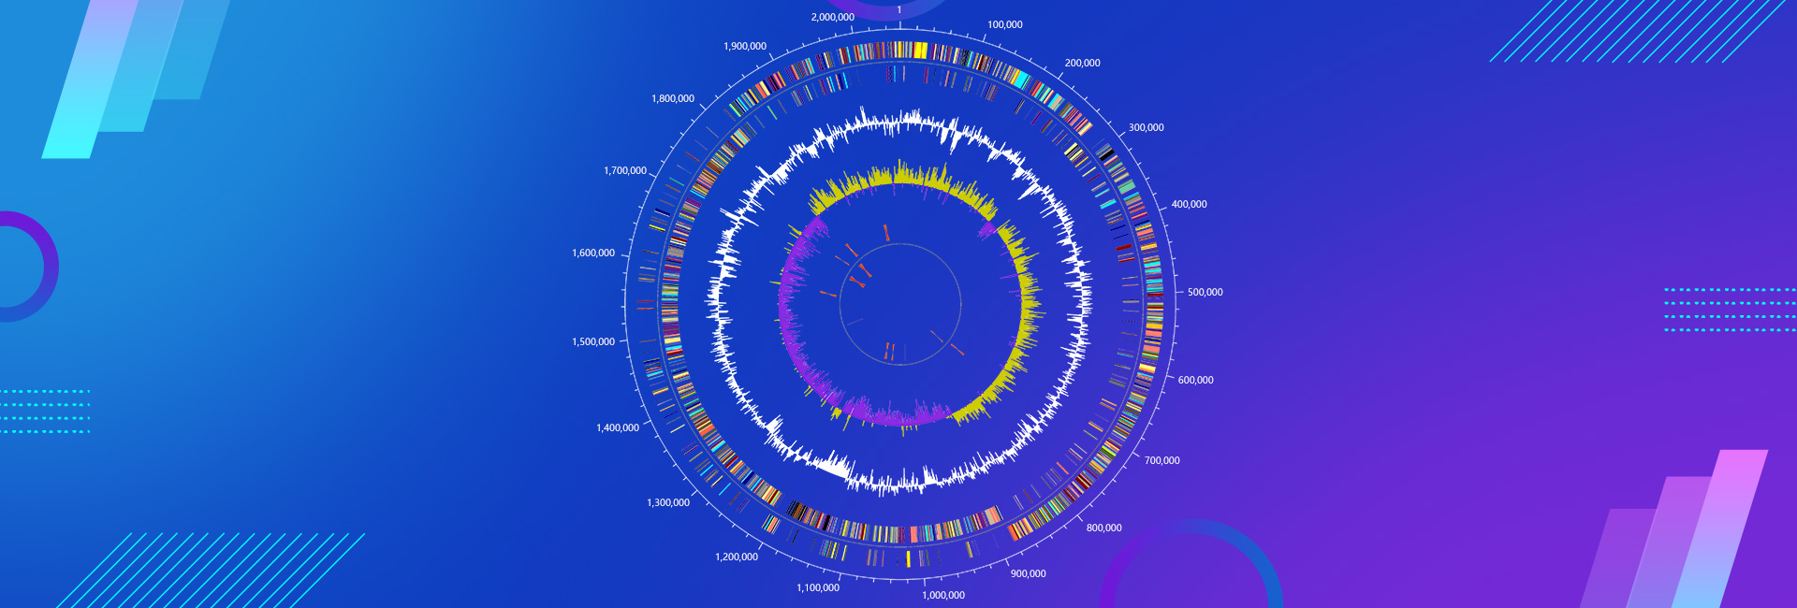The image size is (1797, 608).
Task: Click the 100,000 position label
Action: tap(1004, 25)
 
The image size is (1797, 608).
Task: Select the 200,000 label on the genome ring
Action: tap(1082, 64)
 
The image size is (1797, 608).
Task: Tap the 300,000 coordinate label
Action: tap(1146, 128)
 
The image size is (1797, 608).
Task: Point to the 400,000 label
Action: tap(1189, 205)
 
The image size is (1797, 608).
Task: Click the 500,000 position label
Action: tap(1205, 293)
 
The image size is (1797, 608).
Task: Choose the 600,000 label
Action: tap(1195, 381)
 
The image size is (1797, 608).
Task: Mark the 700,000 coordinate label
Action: tap(1161, 461)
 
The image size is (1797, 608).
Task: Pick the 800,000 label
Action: tap(1103, 528)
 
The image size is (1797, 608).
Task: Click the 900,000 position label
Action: tap(1028, 574)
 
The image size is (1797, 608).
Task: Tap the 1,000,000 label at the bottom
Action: tap(943, 596)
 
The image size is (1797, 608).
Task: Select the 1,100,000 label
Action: tap(818, 588)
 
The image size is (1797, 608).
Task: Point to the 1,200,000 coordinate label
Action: tap(737, 557)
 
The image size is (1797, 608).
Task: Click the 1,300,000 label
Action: tap(668, 503)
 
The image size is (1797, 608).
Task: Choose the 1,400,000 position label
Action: tap(618, 428)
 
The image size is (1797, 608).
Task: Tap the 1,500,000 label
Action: tap(593, 342)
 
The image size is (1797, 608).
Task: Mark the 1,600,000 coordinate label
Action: tap(593, 253)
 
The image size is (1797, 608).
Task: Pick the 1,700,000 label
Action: tap(625, 171)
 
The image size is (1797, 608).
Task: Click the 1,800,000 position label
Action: tap(673, 99)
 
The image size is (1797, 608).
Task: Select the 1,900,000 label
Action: tap(745, 47)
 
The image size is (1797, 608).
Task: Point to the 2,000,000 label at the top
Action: tap(832, 18)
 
